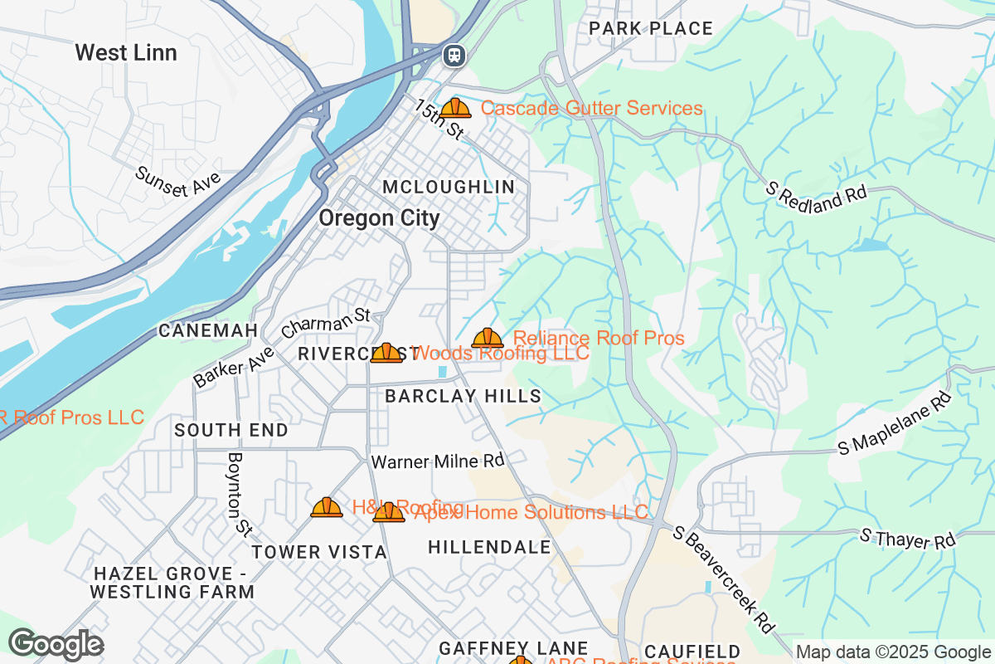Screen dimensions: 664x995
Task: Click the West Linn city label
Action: pyautogui.click(x=126, y=53)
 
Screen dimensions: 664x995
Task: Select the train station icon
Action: pyautogui.click(x=454, y=56)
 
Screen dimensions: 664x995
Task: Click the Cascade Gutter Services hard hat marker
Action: pyautogui.click(x=455, y=108)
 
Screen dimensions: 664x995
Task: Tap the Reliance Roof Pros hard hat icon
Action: pyautogui.click(x=488, y=338)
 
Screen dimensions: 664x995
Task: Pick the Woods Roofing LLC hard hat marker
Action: pyautogui.click(x=386, y=353)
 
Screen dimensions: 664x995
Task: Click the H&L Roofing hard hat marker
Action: pyautogui.click(x=327, y=507)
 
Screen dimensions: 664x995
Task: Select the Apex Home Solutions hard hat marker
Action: pyautogui.click(x=389, y=512)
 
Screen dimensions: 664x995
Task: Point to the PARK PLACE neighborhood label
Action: pyautogui.click(x=651, y=29)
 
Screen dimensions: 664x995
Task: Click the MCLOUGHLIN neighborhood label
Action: pyautogui.click(x=449, y=188)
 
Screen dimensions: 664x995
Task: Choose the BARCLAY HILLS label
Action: pyautogui.click(x=464, y=397)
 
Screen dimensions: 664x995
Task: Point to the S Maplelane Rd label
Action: pyautogui.click(x=895, y=424)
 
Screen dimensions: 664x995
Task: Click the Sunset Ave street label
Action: pyautogui.click(x=178, y=182)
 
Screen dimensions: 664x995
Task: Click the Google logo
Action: pyautogui.click(x=56, y=644)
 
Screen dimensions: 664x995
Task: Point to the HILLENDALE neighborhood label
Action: pyautogui.click(x=489, y=547)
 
